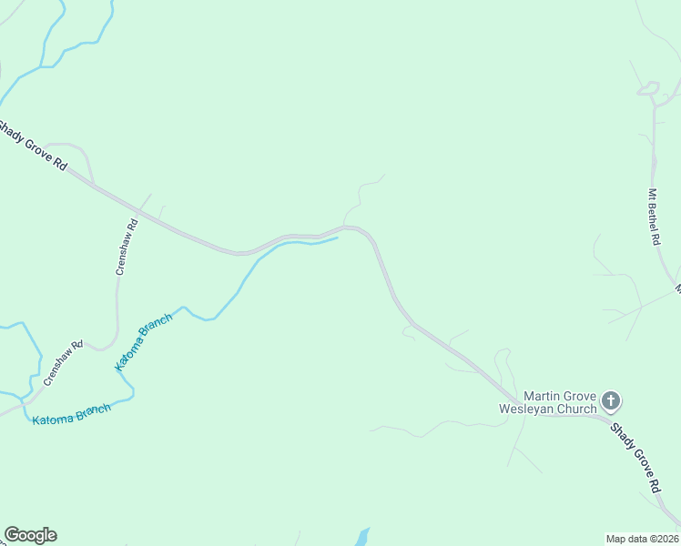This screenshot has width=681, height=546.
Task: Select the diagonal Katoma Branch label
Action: pyautogui.click(x=143, y=346)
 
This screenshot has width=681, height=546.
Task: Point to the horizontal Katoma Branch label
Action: pyautogui.click(x=71, y=415)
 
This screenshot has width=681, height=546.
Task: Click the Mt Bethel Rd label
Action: pyautogui.click(x=653, y=217)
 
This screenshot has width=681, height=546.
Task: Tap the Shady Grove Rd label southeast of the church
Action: pyautogui.click(x=635, y=457)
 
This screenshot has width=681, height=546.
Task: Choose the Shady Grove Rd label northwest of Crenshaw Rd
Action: pyautogui.click(x=34, y=145)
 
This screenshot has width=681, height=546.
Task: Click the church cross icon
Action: pyautogui.click(x=611, y=399)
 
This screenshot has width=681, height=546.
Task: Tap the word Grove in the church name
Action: pyautogui.click(x=580, y=397)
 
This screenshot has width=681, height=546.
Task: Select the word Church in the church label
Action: pyautogui.click(x=576, y=409)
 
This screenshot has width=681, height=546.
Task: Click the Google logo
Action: pyautogui.click(x=30, y=535)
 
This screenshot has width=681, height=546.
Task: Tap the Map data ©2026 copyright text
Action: pyautogui.click(x=643, y=539)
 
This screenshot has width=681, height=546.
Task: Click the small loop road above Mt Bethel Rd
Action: pyautogui.click(x=647, y=88)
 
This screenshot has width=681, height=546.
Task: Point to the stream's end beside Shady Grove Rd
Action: pyautogui.click(x=337, y=238)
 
